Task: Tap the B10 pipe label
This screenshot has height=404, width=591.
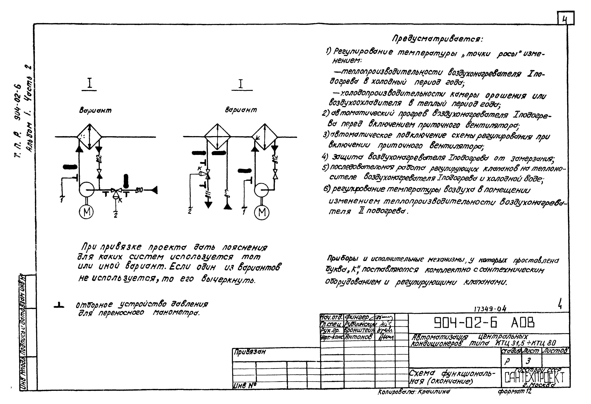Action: tap(139, 190)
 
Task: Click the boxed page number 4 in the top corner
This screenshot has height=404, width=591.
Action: tap(566, 18)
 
